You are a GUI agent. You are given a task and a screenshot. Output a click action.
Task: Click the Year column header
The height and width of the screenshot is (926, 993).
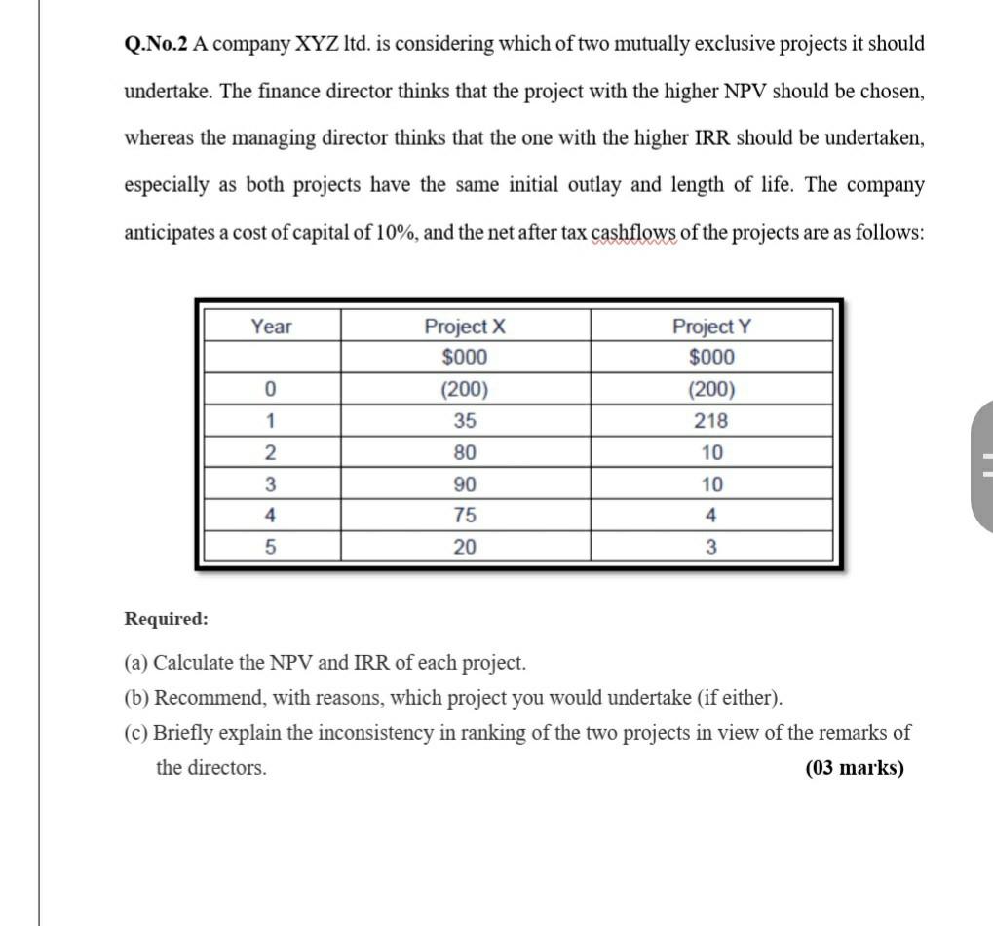pos(271,327)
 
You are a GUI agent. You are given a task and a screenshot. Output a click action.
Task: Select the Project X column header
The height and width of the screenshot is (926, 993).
pos(465,327)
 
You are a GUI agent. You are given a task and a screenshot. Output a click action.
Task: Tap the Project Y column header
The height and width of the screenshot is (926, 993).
pos(711,327)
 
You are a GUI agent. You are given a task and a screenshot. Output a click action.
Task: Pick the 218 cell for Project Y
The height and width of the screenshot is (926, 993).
pos(711,421)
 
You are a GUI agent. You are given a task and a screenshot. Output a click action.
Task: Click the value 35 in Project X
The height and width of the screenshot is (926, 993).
pos(465,421)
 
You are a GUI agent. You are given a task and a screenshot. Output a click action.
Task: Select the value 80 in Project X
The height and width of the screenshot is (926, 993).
pos(465,453)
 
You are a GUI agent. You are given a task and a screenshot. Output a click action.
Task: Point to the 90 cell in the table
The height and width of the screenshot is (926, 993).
pos(465,484)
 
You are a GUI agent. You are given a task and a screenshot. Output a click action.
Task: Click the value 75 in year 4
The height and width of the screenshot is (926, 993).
pos(465,516)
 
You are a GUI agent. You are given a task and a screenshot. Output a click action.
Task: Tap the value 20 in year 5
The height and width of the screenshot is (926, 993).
pos(465,547)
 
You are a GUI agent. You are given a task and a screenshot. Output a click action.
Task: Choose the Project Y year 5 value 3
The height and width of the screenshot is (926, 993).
pos(711,547)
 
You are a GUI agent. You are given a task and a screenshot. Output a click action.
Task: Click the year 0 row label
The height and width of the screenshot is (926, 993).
pos(271,390)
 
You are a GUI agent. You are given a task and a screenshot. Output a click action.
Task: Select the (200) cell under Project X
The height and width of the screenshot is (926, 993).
pos(465,390)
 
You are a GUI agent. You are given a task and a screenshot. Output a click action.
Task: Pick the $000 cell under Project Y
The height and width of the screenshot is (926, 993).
pos(711,358)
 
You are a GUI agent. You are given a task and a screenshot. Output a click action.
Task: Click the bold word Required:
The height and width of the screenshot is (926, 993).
pos(166,619)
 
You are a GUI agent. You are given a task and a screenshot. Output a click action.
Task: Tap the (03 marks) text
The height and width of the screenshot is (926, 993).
pos(855,768)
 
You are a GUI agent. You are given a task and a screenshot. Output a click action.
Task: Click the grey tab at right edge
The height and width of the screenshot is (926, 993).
pos(982,465)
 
